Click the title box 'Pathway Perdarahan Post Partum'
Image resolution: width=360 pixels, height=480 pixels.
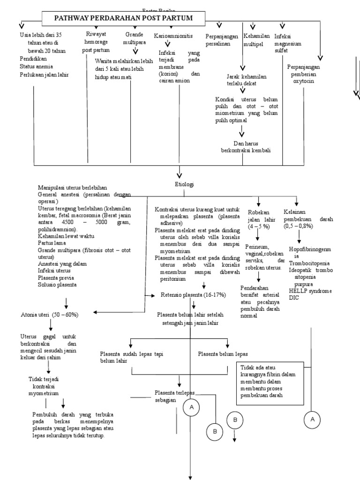pos(124,19)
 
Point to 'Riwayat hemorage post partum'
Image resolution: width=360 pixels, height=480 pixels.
pos(96,42)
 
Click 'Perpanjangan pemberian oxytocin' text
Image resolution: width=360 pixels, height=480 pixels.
pos(303,74)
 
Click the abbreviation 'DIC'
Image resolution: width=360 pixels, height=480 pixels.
pos(294,298)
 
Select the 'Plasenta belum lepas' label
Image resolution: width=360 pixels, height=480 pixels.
pos(223,354)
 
